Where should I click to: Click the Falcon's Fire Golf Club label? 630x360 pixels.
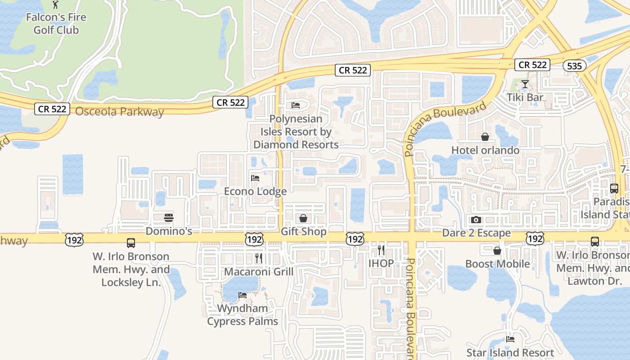[56, 24]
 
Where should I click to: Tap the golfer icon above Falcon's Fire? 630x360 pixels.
[55, 4]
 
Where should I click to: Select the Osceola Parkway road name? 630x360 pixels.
[119, 112]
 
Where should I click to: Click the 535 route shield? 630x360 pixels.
[575, 66]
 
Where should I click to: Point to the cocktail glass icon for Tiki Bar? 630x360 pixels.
[525, 84]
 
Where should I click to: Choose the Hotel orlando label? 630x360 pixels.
[485, 150]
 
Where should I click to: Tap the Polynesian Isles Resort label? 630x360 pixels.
[296, 132]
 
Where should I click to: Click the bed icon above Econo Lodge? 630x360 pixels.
[255, 178]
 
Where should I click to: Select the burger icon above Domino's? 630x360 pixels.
[169, 218]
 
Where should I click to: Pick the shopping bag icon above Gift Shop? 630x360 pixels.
[303, 219]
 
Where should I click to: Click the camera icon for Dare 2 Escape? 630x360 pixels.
[476, 220]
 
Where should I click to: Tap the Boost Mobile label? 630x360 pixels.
[497, 264]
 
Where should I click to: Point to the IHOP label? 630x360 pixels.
[381, 263]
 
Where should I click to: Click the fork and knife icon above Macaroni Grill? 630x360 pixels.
[259, 258]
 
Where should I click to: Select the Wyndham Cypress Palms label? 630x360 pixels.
[243, 315]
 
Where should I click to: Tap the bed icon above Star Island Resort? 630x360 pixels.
[510, 339]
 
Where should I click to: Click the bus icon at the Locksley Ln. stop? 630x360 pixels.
[131, 243]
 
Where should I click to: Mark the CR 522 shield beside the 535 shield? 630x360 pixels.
[533, 65]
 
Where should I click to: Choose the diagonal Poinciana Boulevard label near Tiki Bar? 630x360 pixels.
[445, 129]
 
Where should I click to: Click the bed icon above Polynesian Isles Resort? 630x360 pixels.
[296, 105]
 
